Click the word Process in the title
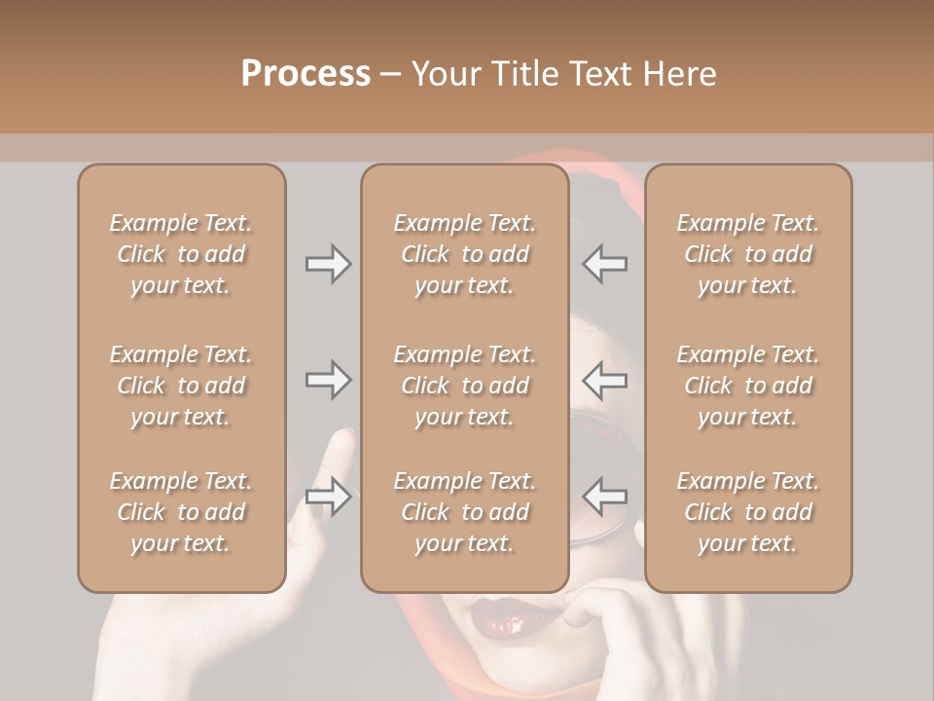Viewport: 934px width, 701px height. click(x=305, y=74)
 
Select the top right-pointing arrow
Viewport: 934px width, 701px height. click(x=328, y=264)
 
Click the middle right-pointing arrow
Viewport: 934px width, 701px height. click(x=328, y=380)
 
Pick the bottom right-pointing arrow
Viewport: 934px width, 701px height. click(x=328, y=497)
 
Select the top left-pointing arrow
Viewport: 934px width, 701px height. click(x=604, y=264)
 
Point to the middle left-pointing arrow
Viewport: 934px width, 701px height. click(x=604, y=380)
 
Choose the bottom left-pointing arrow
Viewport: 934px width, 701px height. click(x=604, y=497)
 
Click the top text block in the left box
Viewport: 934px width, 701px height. click(x=181, y=254)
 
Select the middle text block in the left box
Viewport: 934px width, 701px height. click(x=181, y=386)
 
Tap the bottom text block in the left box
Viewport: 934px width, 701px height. click(x=181, y=512)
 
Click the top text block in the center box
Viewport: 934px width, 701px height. click(x=464, y=254)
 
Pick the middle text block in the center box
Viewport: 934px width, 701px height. click(x=464, y=386)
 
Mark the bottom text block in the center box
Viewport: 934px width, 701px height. click(x=464, y=512)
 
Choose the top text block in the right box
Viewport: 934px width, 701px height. click(x=747, y=254)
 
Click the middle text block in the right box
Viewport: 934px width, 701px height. click(x=747, y=386)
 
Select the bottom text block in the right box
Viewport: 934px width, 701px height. click(x=747, y=512)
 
